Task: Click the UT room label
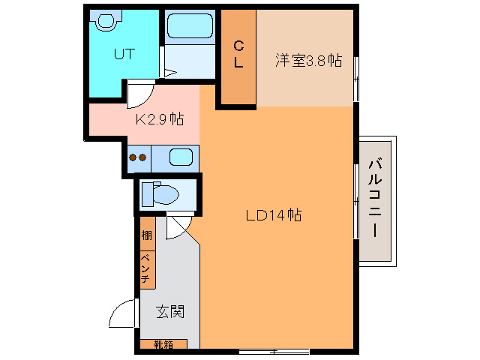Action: (124, 53)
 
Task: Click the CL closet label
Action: (238, 54)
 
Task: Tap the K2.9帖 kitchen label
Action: (159, 118)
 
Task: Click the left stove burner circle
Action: (133, 157)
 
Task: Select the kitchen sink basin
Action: (181, 157)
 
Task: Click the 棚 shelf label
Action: (146, 235)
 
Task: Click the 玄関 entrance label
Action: (170, 310)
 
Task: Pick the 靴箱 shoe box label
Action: (163, 345)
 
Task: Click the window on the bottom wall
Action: (274, 350)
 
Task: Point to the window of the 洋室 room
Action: (355, 73)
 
